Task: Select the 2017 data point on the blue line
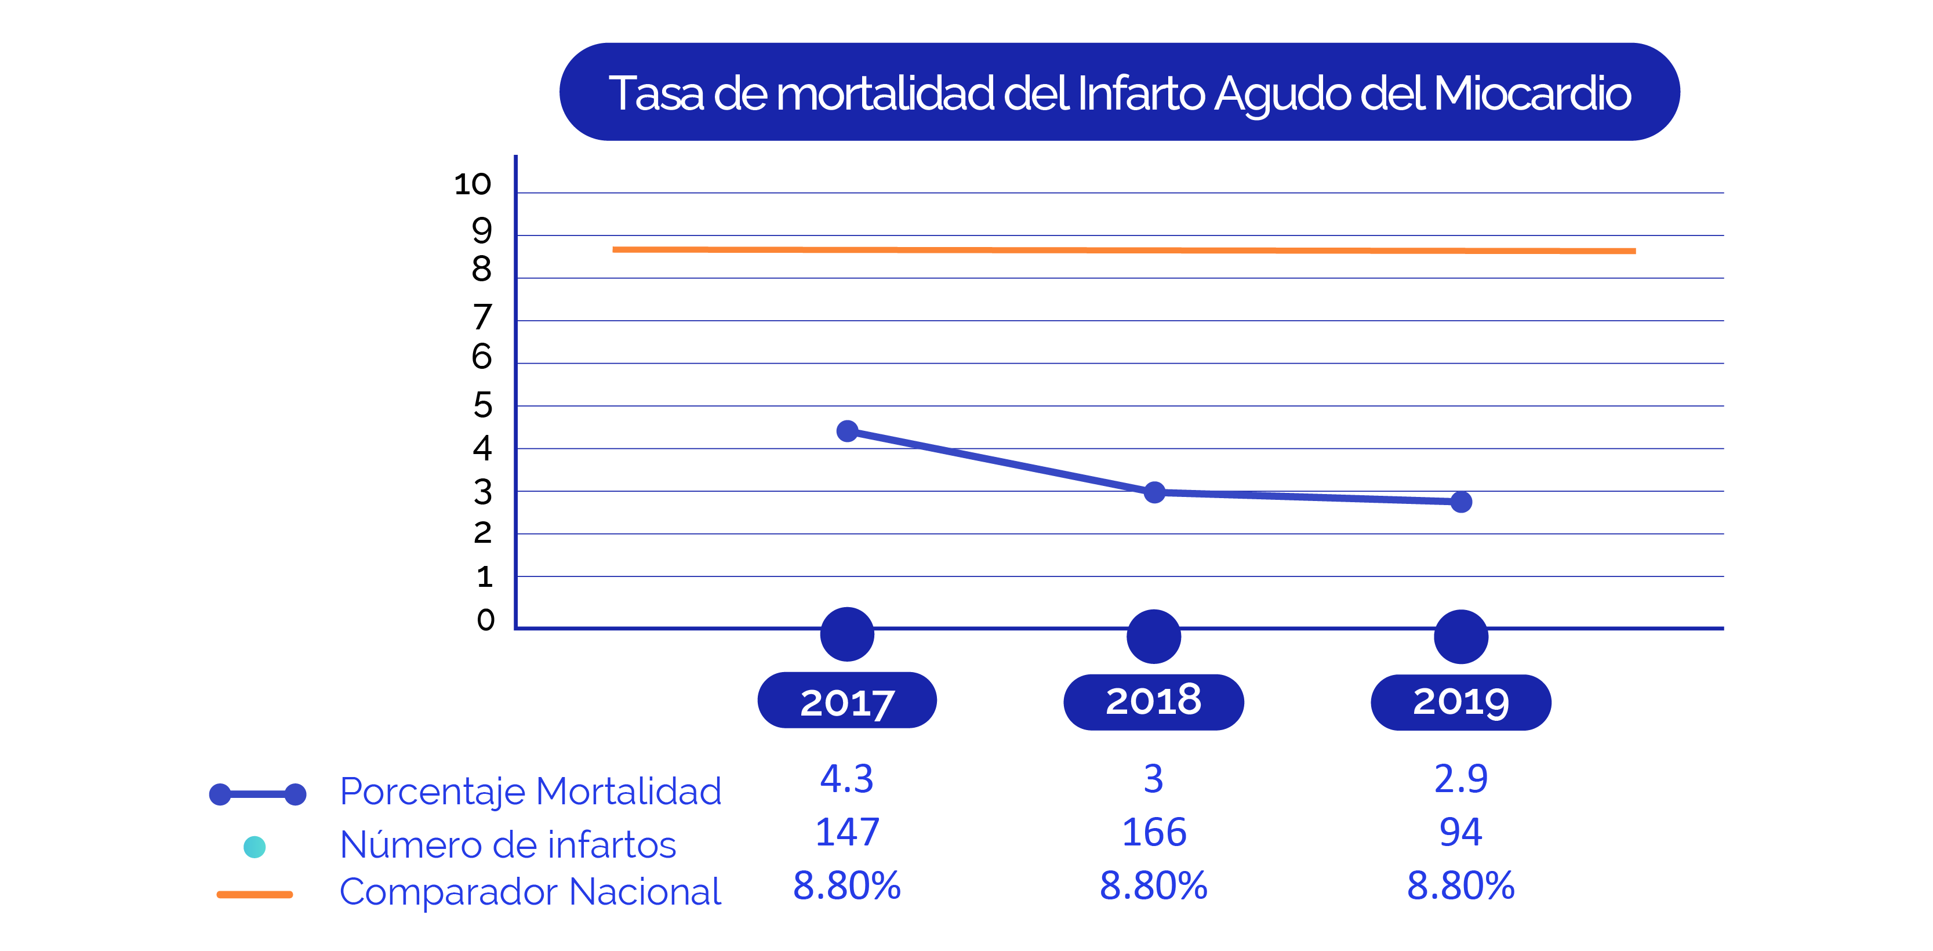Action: (847, 431)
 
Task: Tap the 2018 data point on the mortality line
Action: (1154, 492)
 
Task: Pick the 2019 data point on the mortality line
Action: (1461, 502)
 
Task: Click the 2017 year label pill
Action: (847, 701)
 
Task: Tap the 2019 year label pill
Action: (1460, 702)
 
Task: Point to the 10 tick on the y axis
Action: (473, 184)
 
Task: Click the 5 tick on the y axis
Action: (482, 405)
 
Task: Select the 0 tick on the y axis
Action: (485, 620)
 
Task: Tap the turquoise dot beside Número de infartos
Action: (255, 847)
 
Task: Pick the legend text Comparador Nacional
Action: (530, 892)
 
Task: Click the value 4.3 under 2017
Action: (846, 778)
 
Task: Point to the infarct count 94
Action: (1460, 832)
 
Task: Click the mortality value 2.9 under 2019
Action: (1460, 778)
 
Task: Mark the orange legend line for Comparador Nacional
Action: (255, 894)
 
